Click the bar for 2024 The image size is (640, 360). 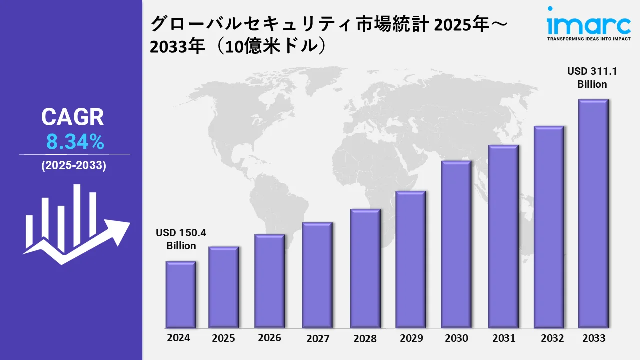tap(181, 294)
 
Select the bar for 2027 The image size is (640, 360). tap(317, 275)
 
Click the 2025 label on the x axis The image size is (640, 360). tap(223, 338)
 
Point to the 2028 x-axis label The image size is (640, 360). tap(365, 338)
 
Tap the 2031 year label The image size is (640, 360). tap(503, 338)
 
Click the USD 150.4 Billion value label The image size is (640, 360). tap(181, 239)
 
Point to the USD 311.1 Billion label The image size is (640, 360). tap(592, 78)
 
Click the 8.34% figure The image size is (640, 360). tap(75, 143)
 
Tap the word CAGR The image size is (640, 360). tap(73, 117)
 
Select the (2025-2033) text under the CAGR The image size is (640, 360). tap(74, 166)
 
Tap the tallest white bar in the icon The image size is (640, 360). tap(77, 215)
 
